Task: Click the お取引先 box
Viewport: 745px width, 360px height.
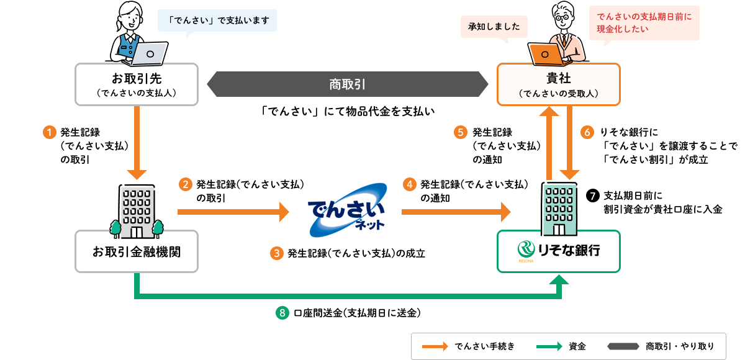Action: click(x=137, y=84)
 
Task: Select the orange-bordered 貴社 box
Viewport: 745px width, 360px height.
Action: click(x=558, y=84)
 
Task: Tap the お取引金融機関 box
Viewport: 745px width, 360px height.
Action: click(x=137, y=251)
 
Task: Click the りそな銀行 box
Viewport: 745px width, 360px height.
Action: click(x=558, y=251)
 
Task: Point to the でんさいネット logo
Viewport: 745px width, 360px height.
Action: click(x=346, y=210)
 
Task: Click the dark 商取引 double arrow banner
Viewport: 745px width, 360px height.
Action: click(x=347, y=84)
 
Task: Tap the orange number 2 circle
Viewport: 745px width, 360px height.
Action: click(x=185, y=184)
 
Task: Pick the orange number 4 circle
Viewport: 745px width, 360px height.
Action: click(x=409, y=184)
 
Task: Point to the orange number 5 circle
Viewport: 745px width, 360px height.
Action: click(x=460, y=132)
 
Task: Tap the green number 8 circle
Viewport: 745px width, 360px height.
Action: click(x=282, y=313)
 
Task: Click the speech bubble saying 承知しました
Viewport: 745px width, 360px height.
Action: click(x=494, y=27)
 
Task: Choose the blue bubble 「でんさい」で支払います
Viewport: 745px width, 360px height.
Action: click(x=217, y=20)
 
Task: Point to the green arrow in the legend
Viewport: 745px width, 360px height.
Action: click(x=548, y=346)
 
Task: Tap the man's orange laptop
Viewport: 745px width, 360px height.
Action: click(x=544, y=54)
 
